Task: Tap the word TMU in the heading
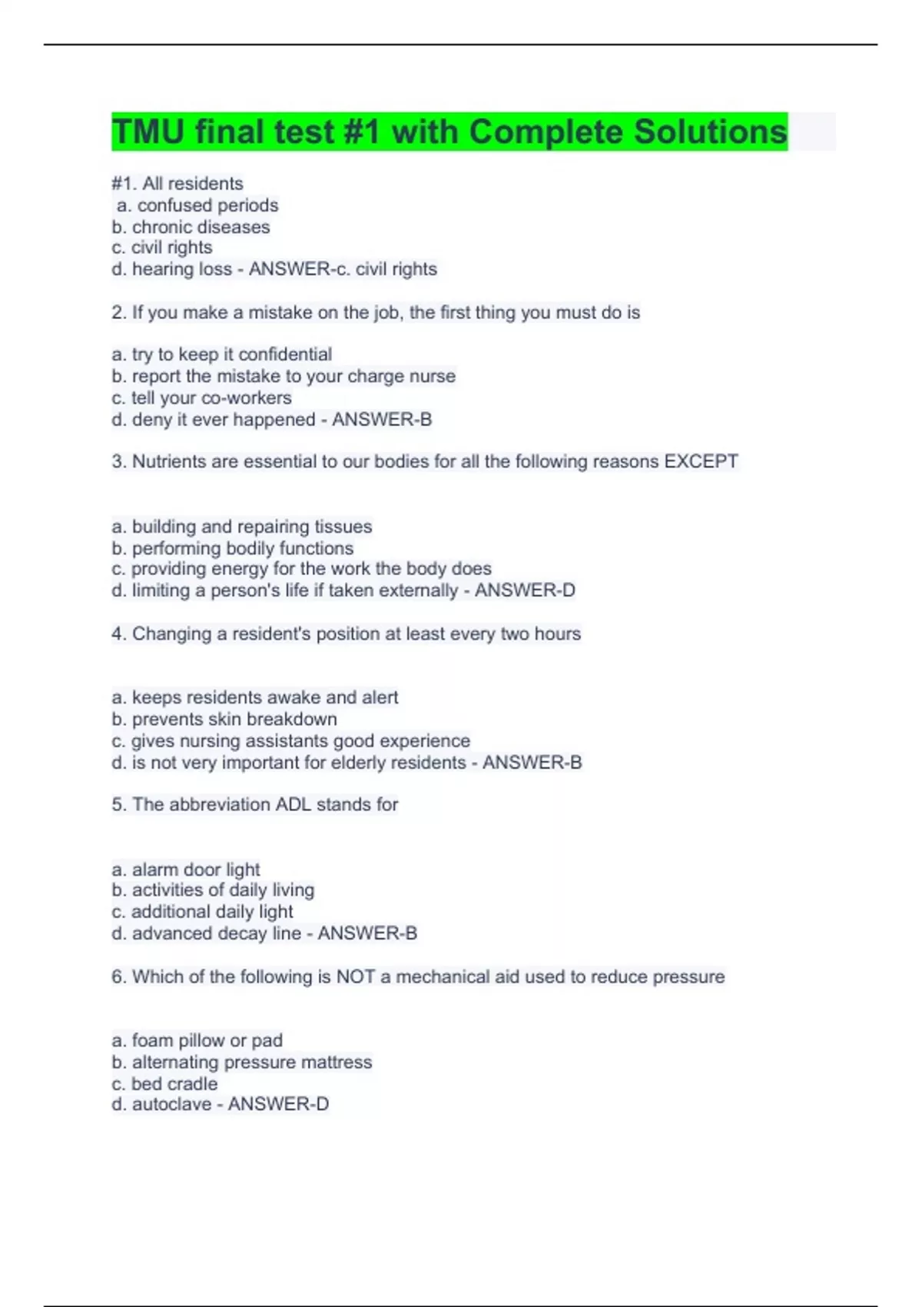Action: pyautogui.click(x=148, y=131)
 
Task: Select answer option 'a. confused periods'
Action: pyautogui.click(x=197, y=205)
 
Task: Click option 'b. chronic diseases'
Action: pyautogui.click(x=191, y=227)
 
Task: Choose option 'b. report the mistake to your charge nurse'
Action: pyautogui.click(x=284, y=376)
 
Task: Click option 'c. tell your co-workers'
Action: pyautogui.click(x=201, y=397)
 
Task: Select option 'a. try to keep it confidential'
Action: pyautogui.click(x=222, y=354)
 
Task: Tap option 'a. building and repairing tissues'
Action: pyautogui.click(x=241, y=527)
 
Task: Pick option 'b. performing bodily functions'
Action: pyautogui.click(x=232, y=548)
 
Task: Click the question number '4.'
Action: pyautogui.click(x=118, y=634)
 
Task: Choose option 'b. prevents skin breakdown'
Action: pyautogui.click(x=224, y=719)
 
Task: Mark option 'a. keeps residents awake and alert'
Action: pyautogui.click(x=255, y=697)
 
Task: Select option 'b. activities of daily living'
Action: pyautogui.click(x=213, y=890)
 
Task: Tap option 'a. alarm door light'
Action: pyautogui.click(x=186, y=870)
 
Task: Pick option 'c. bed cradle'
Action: pyautogui.click(x=164, y=1083)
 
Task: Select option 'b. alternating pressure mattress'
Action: pyautogui.click(x=241, y=1062)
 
